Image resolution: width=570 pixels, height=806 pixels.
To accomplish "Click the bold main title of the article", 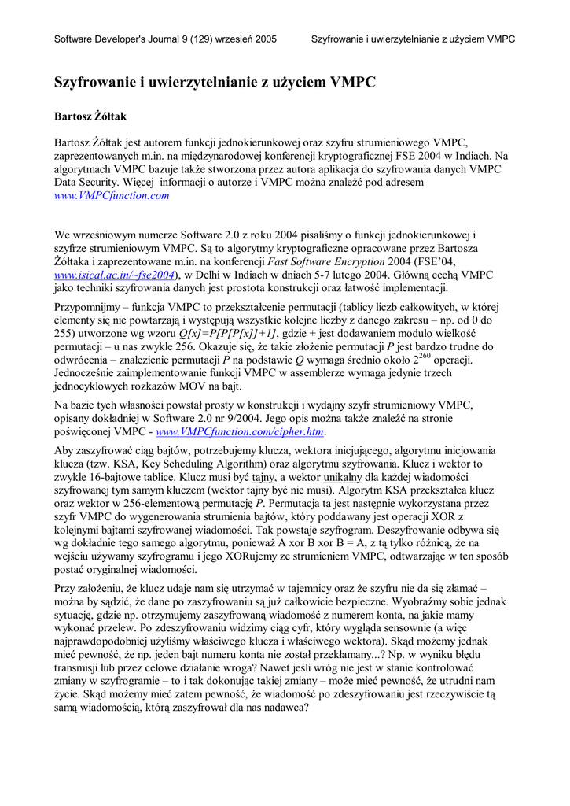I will point(214,82).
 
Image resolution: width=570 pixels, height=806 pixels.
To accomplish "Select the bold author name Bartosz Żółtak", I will point(90,116).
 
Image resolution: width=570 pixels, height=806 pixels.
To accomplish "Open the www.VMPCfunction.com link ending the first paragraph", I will point(112,196).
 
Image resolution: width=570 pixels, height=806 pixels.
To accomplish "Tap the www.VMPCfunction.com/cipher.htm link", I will point(240,432).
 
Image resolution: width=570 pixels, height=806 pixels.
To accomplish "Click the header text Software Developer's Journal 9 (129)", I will point(138,39).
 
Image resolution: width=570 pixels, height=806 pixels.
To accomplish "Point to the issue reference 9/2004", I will point(311,420).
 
